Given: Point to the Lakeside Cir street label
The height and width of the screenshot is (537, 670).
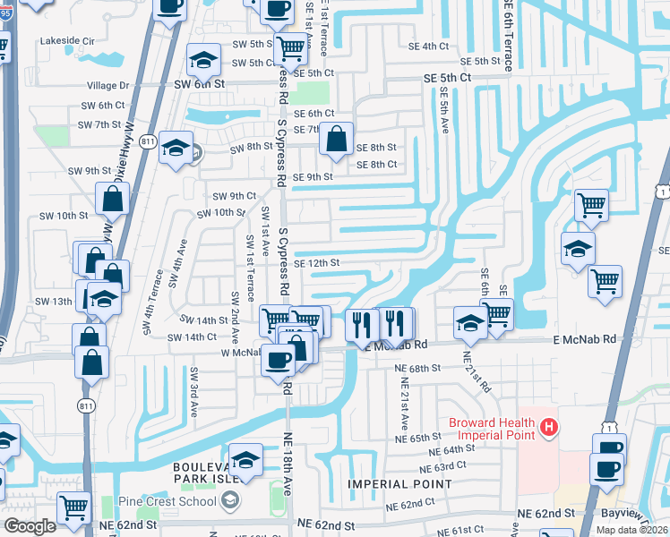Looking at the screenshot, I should (x=67, y=40).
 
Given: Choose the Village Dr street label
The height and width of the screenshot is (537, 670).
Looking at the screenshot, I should (x=108, y=86).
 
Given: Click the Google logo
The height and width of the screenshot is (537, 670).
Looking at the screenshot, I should (x=30, y=526).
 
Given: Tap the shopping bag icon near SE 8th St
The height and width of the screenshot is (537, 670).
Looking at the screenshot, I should (x=336, y=141).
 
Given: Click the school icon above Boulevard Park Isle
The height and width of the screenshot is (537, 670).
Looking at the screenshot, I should (x=245, y=459).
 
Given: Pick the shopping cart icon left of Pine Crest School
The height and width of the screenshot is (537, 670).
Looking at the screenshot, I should (x=74, y=507).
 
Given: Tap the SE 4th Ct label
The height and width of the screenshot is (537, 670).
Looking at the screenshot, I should (x=428, y=46).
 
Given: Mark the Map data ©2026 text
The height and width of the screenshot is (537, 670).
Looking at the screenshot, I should (x=633, y=530).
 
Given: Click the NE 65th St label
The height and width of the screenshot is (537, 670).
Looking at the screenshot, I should (x=420, y=439).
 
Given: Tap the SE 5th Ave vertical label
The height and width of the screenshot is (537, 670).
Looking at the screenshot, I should (x=444, y=112).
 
